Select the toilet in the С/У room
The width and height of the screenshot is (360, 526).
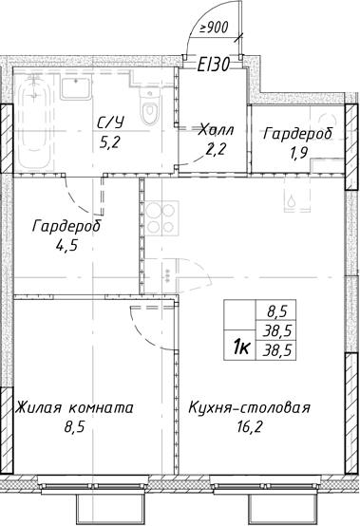pyautogui.click(x=148, y=111)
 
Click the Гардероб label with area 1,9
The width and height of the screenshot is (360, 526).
pyautogui.click(x=298, y=134)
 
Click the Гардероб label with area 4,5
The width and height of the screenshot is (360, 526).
pyautogui.click(x=66, y=228)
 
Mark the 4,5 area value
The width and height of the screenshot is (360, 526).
pyautogui.click(x=66, y=249)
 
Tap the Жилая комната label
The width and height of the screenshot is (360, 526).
pyautogui.click(x=73, y=408)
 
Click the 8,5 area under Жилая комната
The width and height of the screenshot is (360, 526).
pyautogui.click(x=72, y=429)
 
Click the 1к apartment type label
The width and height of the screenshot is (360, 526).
pyautogui.click(x=242, y=348)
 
